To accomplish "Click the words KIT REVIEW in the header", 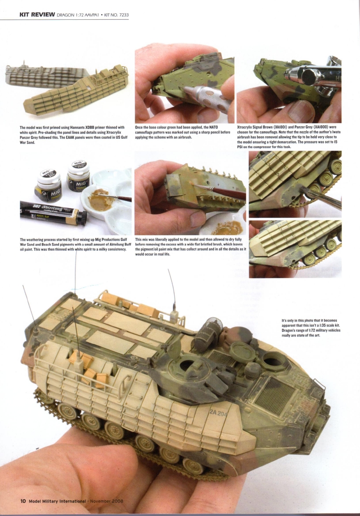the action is click(37, 14).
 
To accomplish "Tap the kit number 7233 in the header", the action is click(124, 15).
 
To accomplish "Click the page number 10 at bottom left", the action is click(23, 501).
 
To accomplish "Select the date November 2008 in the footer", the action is click(107, 501).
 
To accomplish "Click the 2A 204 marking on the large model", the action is click(218, 412).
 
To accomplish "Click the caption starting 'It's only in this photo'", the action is click(311, 328).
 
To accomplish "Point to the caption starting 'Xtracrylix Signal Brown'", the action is click(289, 137).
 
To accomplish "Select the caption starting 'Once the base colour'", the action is click(182, 132).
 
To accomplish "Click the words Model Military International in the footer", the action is click(57, 501).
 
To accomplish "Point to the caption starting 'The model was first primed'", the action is click(74, 135).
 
